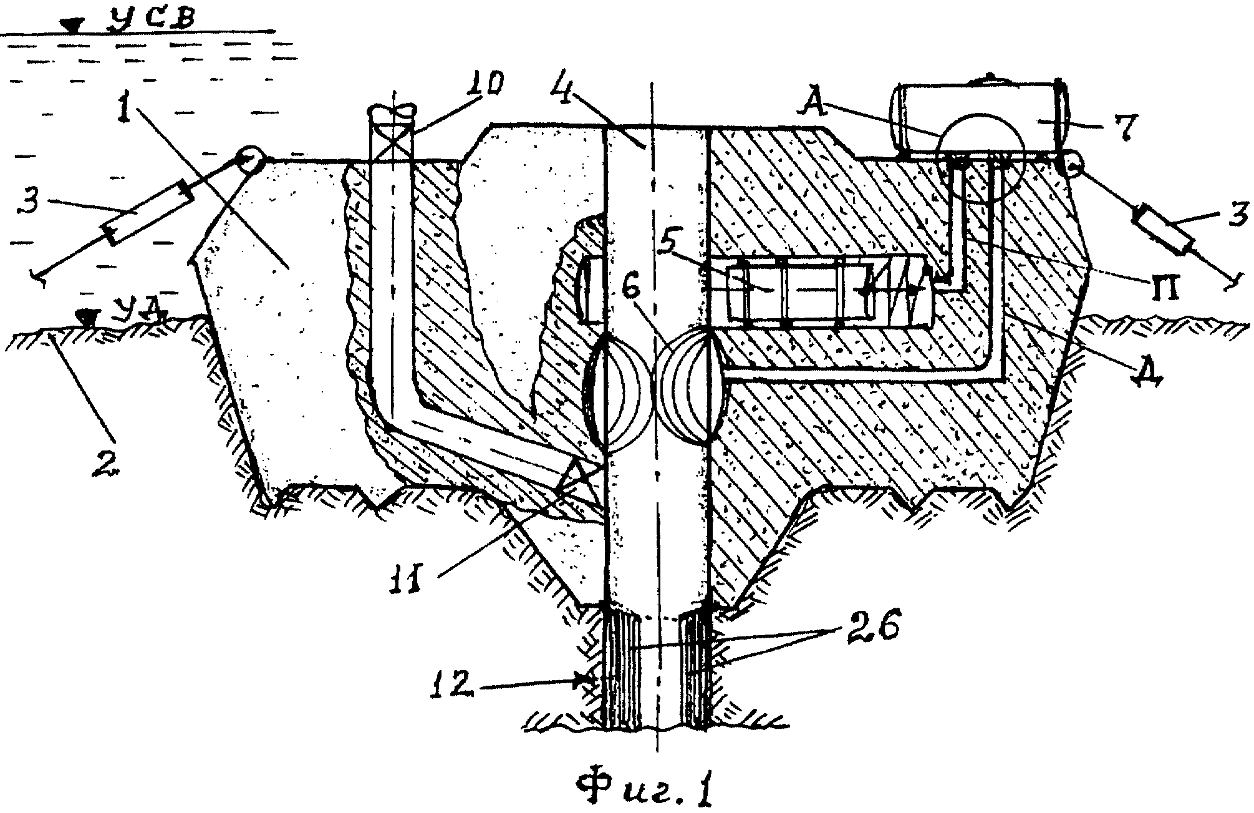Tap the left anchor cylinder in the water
[147, 212]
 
